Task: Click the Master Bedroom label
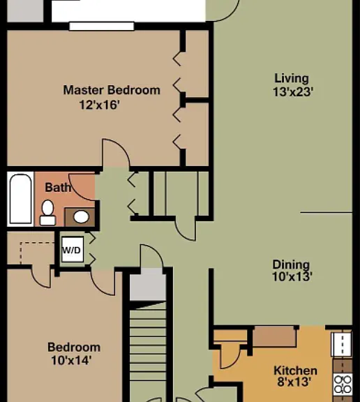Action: click(112, 90)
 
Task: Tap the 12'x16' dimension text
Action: click(100, 105)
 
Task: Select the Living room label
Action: click(292, 78)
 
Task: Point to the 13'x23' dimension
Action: click(293, 92)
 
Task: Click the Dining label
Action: click(291, 265)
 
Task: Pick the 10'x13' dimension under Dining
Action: click(292, 276)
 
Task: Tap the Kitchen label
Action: click(295, 371)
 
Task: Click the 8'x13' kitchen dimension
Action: click(294, 382)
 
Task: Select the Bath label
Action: click(58, 188)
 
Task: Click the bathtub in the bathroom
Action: click(20, 199)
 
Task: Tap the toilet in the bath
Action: click(47, 213)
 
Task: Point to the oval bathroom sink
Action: click(81, 217)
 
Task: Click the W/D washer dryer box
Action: click(73, 249)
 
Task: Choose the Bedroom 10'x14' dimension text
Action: click(71, 360)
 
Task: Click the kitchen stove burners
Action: click(343, 385)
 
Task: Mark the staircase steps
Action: click(148, 354)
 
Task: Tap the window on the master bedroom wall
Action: click(102, 26)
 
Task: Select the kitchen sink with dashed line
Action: click(342, 344)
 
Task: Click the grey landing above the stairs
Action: click(148, 284)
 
